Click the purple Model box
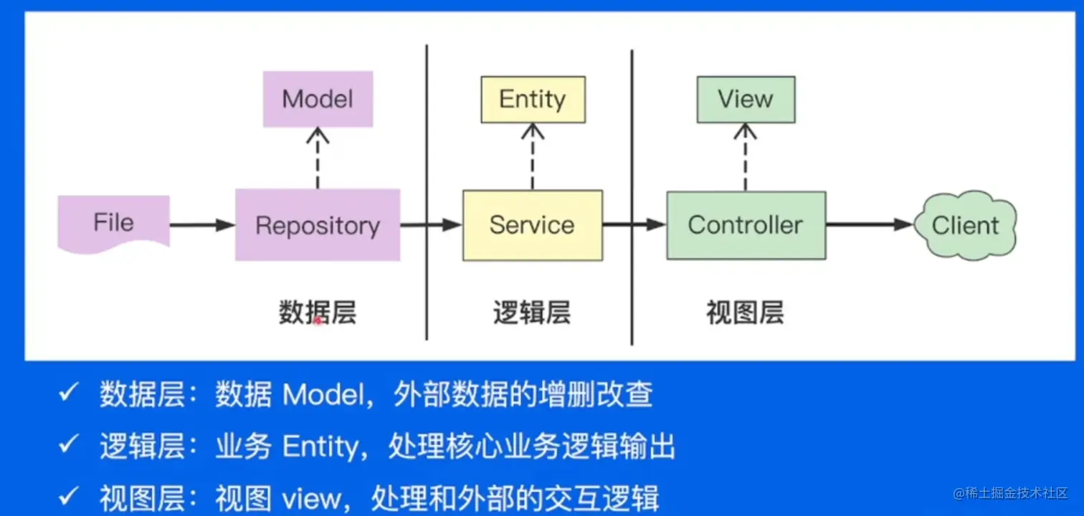318,99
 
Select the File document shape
114,224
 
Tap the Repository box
318,225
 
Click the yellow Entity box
533,99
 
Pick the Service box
532,225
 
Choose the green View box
746,99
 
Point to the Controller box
746,225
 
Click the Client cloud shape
966,225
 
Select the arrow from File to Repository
202,225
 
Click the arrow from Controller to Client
870,224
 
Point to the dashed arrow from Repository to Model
318,158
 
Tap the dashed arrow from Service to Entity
532,157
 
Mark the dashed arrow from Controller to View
746,157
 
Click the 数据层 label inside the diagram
318,312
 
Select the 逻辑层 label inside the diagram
532,312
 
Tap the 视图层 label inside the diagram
746,312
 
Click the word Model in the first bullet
323,394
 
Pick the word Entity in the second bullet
320,446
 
